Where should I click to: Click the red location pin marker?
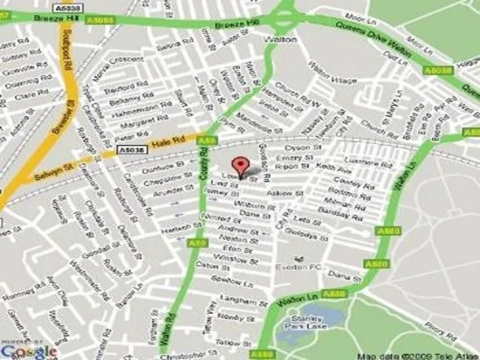(x=241, y=166)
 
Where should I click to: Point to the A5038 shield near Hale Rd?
(x=129, y=149)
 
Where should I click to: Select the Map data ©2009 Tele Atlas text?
(x=415, y=355)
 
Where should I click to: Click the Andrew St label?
(x=233, y=230)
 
